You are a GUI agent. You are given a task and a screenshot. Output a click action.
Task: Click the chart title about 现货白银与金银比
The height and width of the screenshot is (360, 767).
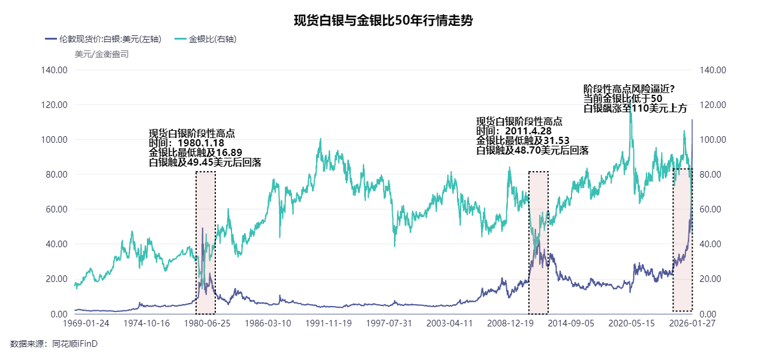click(x=383, y=21)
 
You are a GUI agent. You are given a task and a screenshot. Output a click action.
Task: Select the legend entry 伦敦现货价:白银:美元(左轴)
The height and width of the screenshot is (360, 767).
click(x=103, y=40)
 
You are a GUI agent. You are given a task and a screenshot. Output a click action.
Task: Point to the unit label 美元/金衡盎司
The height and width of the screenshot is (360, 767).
click(x=101, y=54)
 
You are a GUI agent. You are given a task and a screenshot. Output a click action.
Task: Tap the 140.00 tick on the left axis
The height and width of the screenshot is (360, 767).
click(x=55, y=70)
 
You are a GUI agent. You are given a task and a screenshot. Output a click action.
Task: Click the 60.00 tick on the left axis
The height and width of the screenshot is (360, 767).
click(x=56, y=209)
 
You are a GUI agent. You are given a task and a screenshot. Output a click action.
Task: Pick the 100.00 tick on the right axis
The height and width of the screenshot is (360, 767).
click(x=714, y=140)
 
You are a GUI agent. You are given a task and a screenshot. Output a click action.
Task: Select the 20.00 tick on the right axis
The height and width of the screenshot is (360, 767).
click(x=712, y=279)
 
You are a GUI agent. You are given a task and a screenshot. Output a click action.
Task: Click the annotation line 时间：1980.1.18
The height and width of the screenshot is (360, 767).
click(x=187, y=143)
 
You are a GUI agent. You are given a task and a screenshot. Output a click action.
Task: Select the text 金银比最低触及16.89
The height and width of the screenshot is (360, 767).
click(x=195, y=153)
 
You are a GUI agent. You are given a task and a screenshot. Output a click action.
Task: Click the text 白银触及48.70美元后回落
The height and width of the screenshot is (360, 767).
click(x=532, y=151)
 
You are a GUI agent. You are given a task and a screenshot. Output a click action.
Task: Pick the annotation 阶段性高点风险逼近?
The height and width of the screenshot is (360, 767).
click(x=629, y=89)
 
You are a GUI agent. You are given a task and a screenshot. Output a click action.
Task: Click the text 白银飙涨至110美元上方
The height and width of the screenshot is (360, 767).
click(x=635, y=108)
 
